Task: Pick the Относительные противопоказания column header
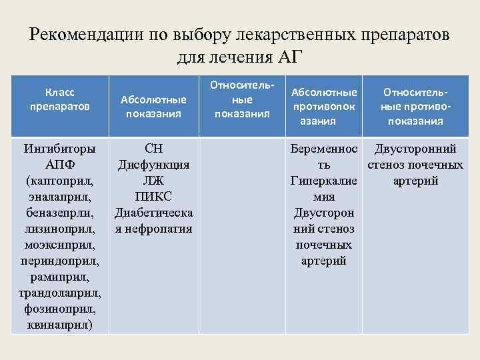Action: click(411, 105)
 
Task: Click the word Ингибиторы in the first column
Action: click(59, 148)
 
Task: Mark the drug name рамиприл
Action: click(60, 277)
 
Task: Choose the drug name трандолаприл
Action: click(60, 293)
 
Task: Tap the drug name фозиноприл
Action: click(60, 309)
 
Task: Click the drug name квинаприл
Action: click(60, 325)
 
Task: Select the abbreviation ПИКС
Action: click(153, 197)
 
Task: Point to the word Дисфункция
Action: click(153, 164)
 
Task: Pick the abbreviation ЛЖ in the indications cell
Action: click(153, 181)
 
